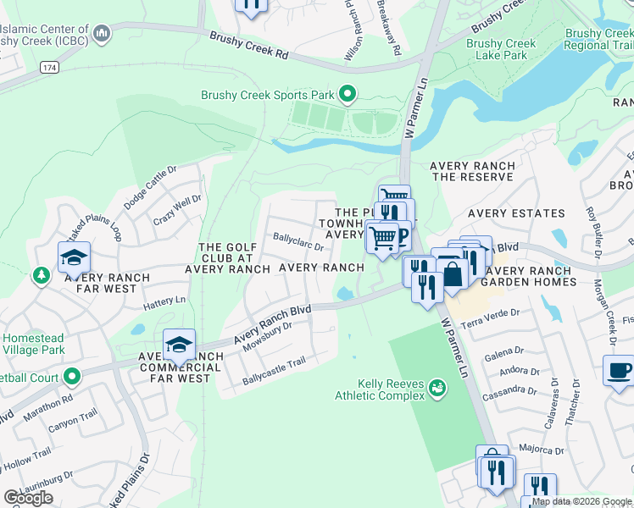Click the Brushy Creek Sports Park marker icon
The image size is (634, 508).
347,94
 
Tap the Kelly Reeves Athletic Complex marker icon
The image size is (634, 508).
437,387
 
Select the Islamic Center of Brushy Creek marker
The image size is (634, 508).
102,35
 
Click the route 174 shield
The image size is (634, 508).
48,65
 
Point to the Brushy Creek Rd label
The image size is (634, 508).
249,44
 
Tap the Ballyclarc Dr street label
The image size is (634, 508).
298,243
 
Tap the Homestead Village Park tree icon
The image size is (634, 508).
40,276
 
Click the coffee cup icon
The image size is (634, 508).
618,370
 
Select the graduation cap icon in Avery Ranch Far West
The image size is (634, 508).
74,257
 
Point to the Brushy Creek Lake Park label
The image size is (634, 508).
501,49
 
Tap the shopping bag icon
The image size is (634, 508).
453,274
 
